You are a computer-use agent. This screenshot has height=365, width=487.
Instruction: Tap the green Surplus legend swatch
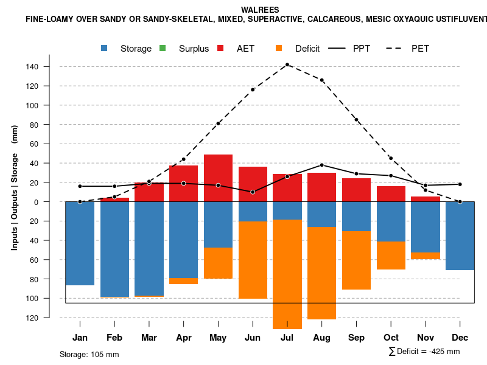[x=163, y=48]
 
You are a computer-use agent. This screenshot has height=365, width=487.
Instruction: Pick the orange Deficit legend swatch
[x=279, y=48]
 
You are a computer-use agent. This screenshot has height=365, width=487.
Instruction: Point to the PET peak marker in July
[x=287, y=64]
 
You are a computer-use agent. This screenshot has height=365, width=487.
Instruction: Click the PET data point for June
[x=253, y=89]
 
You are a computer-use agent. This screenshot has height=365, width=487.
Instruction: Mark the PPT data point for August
[x=322, y=165]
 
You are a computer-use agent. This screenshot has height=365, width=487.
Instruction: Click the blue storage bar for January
[x=80, y=243]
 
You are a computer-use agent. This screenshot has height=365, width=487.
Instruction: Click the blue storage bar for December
[x=460, y=235]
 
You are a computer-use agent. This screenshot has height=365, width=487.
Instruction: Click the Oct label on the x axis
[x=391, y=338]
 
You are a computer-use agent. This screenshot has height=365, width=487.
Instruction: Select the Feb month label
[x=114, y=338]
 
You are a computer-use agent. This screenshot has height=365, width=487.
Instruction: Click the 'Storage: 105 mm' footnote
[x=89, y=354]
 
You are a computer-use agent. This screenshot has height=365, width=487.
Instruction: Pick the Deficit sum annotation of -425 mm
[x=424, y=352]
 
